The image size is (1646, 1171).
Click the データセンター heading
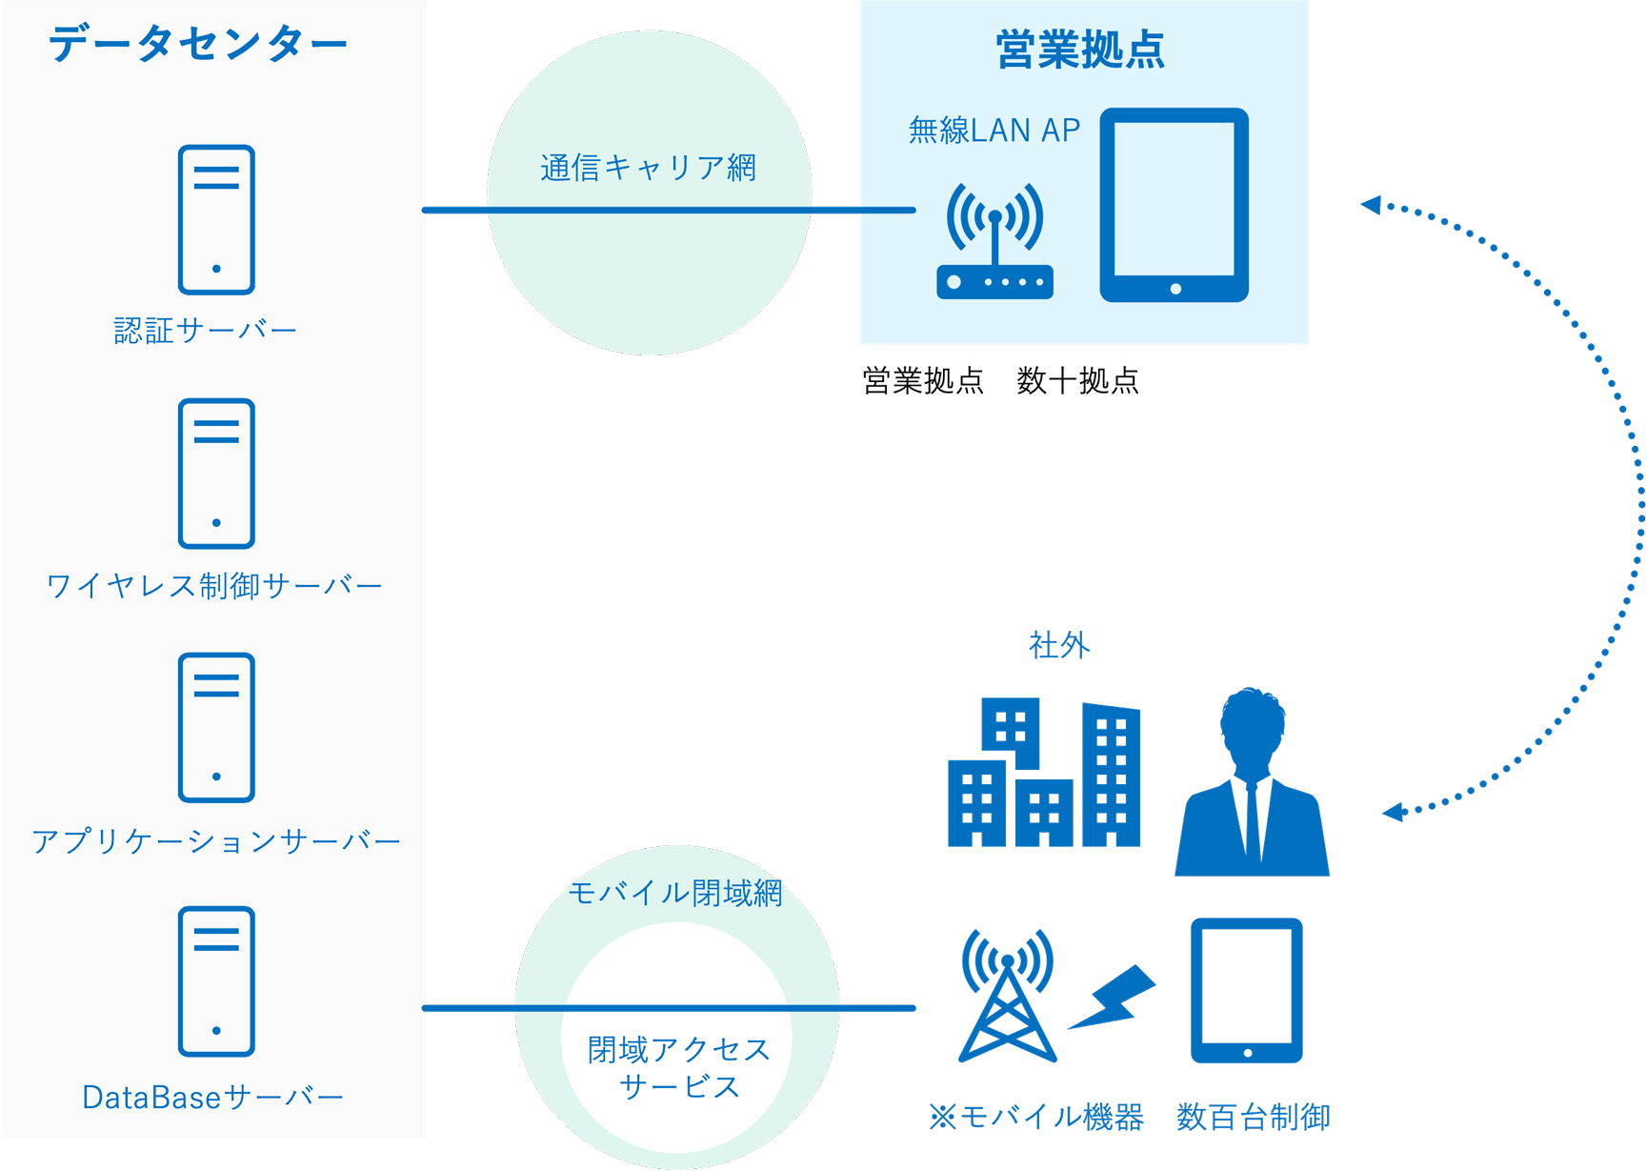pyautogui.click(x=198, y=44)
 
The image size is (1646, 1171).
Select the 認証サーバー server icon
pyautogui.click(x=216, y=219)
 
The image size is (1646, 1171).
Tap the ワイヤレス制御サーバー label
pyautogui.click(x=214, y=585)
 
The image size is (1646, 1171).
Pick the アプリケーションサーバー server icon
pyautogui.click(x=216, y=727)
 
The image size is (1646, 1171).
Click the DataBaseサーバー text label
pyautogui.click(x=212, y=1097)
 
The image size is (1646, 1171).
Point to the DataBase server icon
pyautogui.click(x=216, y=981)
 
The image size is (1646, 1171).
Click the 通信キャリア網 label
pyautogui.click(x=648, y=168)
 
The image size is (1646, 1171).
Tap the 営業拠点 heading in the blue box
pyautogui.click(x=1080, y=50)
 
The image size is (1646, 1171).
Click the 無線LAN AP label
pyautogui.click(x=994, y=130)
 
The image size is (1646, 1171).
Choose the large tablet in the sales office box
pyautogui.click(x=1174, y=205)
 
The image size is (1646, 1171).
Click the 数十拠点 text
pyautogui.click(x=1077, y=381)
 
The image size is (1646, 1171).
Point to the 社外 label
pyautogui.click(x=1059, y=645)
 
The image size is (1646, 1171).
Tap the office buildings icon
pyautogui.click(x=1044, y=772)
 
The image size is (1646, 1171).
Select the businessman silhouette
pyautogui.click(x=1252, y=781)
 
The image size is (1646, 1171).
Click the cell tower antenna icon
pyautogui.click(x=1007, y=995)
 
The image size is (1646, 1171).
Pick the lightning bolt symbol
pyautogui.click(x=1112, y=998)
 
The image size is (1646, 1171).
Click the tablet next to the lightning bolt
pyautogui.click(x=1247, y=990)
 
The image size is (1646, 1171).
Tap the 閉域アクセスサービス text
pyautogui.click(x=678, y=1067)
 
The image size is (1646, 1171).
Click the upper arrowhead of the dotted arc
pyautogui.click(x=1372, y=204)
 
